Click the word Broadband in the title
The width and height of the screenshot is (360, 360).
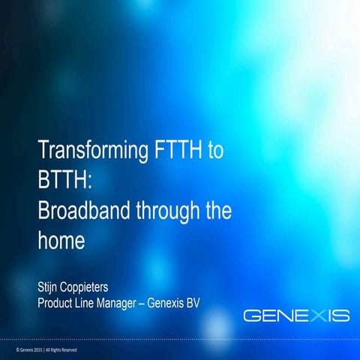[84, 211]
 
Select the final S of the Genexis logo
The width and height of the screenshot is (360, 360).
[341, 315]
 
